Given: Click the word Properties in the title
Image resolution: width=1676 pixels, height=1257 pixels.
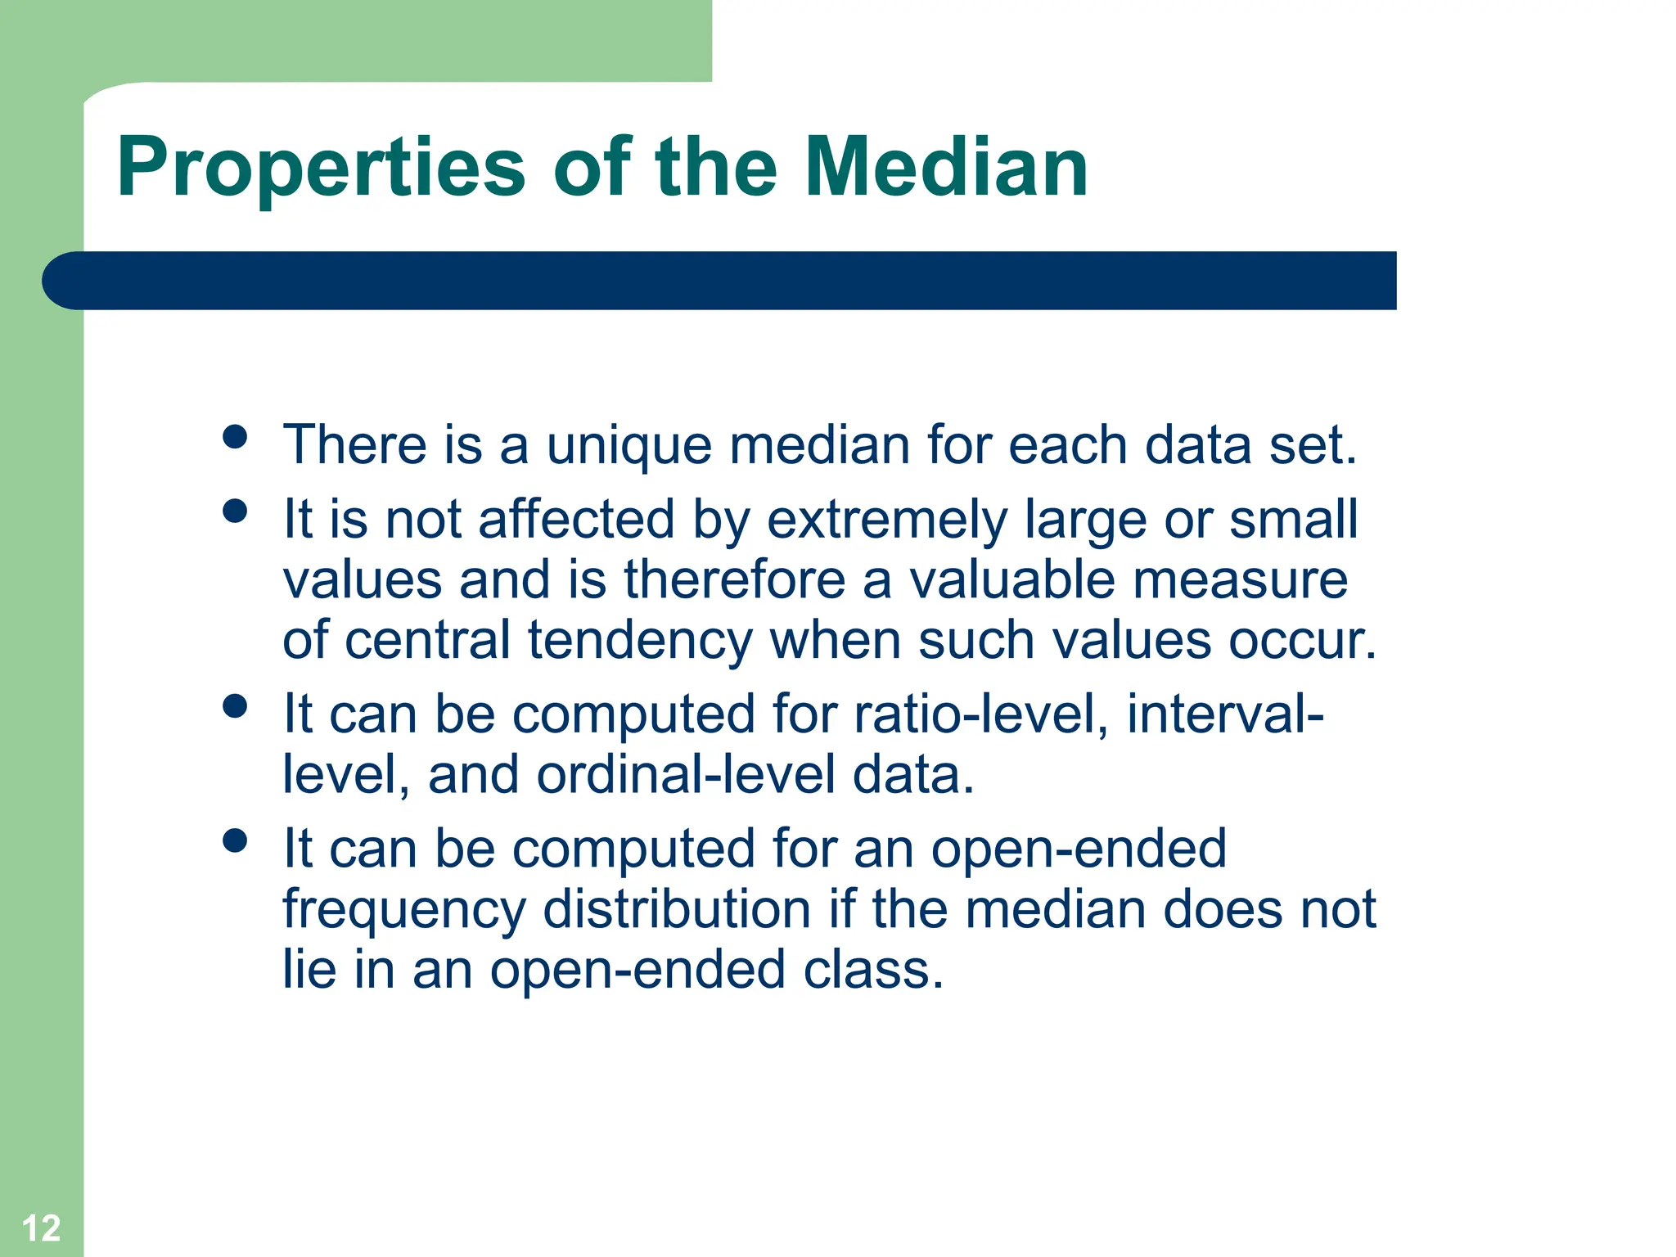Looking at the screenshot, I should [321, 169].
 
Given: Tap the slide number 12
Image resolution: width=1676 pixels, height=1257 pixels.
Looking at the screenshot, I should [41, 1228].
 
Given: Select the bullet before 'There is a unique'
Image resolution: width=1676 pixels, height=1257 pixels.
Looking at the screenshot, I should [235, 436].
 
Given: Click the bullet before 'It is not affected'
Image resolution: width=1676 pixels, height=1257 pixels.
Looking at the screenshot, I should [235, 511].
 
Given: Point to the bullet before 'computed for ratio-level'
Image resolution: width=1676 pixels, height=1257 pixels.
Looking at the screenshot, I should [235, 706].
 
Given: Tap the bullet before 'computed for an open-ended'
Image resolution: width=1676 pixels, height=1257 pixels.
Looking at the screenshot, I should [235, 840].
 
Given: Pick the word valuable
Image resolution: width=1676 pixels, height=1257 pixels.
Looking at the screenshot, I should [1011, 580].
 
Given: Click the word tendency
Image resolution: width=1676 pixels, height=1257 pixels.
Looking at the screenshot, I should [639, 642].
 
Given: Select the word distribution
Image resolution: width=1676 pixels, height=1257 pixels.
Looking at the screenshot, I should [677, 909].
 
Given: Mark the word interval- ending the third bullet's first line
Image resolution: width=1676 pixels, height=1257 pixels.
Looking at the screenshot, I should [1224, 714].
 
